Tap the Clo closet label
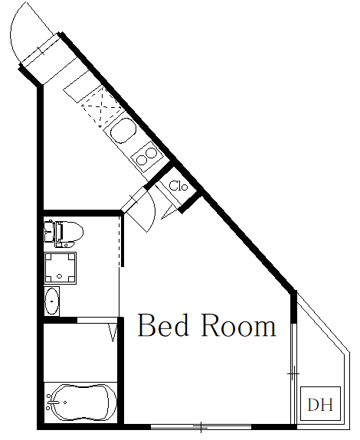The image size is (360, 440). [178, 186]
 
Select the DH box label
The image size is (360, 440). [320, 404]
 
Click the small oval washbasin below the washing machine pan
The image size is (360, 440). [52, 301]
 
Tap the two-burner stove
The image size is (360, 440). [146, 159]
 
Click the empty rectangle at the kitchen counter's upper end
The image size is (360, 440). [77, 83]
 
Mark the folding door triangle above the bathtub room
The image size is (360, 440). [113, 331]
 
